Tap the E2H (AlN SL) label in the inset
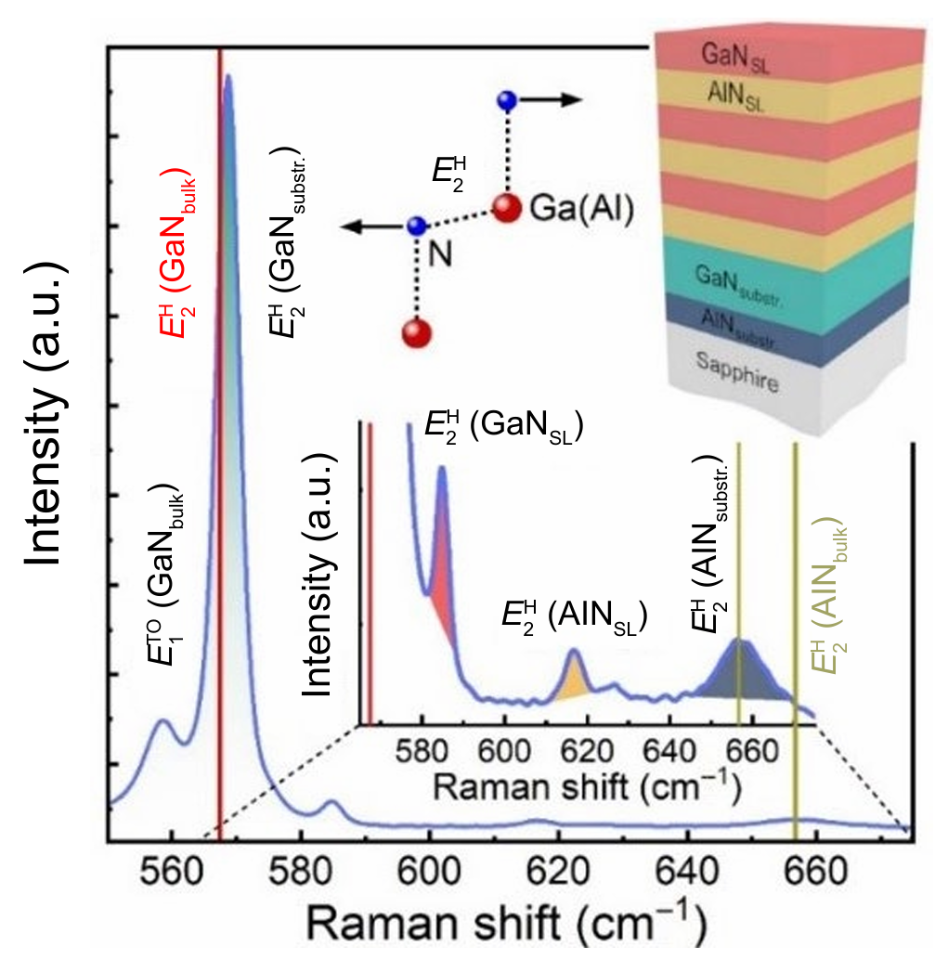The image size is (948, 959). (574, 615)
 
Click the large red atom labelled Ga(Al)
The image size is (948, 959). (506, 209)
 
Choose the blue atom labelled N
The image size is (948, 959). (417, 226)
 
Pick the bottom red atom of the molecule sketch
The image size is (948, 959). (417, 332)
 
